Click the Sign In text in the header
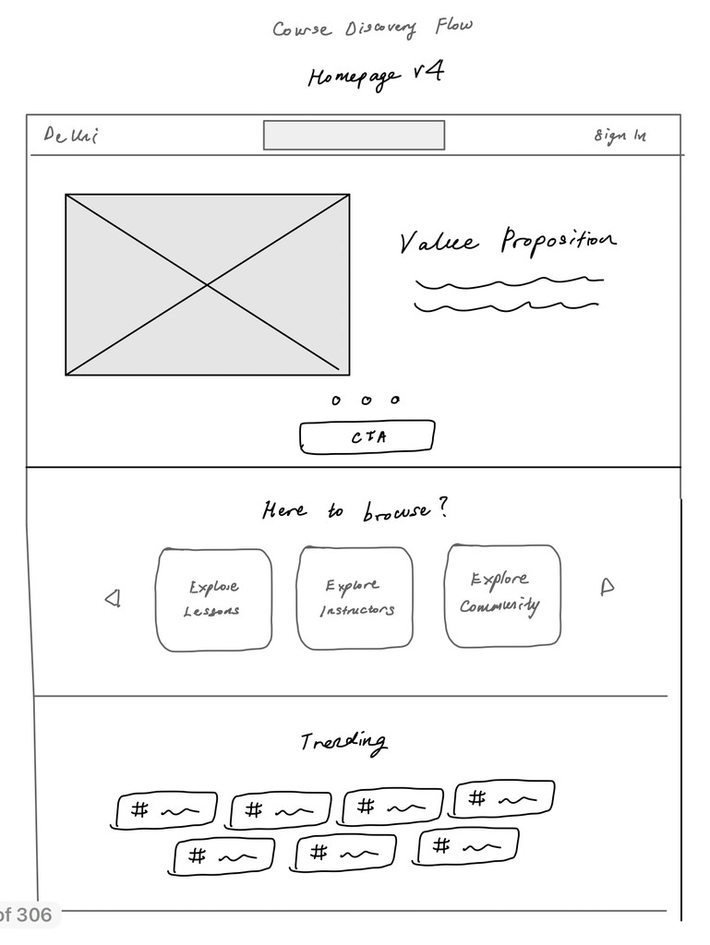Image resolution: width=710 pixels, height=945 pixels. tap(620, 137)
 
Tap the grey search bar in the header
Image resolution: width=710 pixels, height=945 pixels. tap(354, 135)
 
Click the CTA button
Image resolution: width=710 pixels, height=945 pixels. tap(367, 437)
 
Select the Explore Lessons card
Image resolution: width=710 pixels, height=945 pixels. tap(214, 599)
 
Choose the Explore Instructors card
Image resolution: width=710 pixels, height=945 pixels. tap(355, 598)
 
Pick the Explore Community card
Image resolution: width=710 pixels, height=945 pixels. tap(502, 594)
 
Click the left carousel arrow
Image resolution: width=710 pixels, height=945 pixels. tap(113, 600)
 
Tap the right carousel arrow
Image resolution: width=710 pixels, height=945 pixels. tap(607, 587)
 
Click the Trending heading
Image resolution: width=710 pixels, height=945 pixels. tap(343, 742)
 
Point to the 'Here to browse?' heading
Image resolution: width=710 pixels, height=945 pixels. tap(355, 510)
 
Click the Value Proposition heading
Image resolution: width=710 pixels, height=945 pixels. tap(507, 242)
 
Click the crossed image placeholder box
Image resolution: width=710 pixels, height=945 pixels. tap(207, 284)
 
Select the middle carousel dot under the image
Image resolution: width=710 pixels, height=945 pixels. tap(366, 401)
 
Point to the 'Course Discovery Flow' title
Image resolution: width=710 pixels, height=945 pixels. tap(372, 28)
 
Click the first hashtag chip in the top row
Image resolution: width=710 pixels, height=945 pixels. tap(167, 811)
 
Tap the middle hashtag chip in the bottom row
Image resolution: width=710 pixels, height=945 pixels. tap(345, 854)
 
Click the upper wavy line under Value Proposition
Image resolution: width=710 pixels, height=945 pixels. tap(509, 281)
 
